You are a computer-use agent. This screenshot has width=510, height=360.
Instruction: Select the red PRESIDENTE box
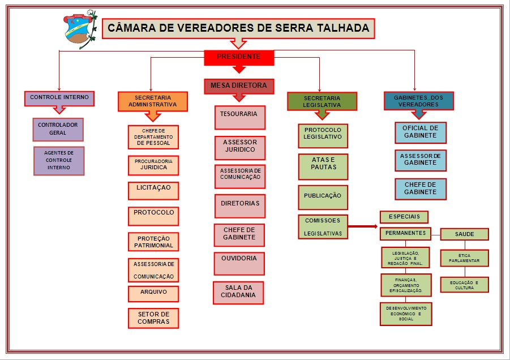point(239,57)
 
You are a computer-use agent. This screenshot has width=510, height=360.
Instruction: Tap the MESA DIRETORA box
point(238,86)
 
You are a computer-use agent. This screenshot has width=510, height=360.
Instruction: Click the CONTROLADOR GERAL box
point(58,129)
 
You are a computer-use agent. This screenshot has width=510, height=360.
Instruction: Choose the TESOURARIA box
point(239,117)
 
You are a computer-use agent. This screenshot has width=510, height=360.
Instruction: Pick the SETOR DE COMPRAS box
point(153,318)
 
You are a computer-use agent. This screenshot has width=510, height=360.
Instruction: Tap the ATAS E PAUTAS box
point(323,166)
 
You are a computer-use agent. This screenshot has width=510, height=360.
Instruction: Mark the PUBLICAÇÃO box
point(323,197)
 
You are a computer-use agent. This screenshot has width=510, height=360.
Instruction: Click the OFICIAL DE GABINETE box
point(420,132)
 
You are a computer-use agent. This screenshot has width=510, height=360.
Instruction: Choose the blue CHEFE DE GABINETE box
point(420,188)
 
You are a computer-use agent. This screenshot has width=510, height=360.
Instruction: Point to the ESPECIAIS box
point(404,217)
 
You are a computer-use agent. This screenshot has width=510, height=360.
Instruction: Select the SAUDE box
point(464,234)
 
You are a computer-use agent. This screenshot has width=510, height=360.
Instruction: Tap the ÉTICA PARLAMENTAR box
point(464,258)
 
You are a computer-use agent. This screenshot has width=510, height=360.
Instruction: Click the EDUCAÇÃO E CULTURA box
point(464,285)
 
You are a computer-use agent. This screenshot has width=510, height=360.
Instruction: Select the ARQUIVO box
point(153,294)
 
